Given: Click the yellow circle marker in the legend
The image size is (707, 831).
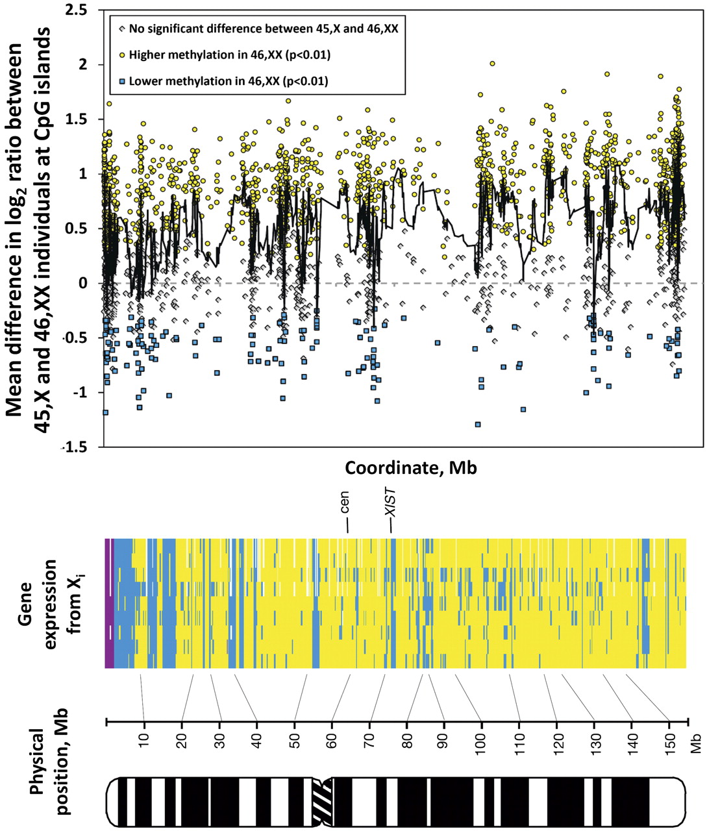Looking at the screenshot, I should [x=121, y=55].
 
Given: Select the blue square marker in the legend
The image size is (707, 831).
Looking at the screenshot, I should [x=121, y=81].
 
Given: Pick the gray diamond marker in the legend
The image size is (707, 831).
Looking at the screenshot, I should [x=121, y=29].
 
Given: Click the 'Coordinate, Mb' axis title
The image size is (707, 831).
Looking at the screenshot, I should [x=410, y=467].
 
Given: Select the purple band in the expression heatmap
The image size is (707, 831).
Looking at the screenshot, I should [x=108, y=602].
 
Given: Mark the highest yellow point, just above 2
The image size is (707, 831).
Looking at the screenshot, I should [x=493, y=64].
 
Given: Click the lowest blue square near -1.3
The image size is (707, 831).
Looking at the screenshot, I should [x=478, y=424].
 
